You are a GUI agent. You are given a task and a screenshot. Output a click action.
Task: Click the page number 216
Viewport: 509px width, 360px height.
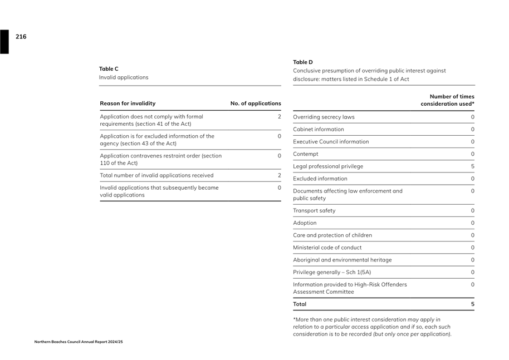click(21, 37)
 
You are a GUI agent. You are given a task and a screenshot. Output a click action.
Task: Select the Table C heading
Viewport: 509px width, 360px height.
click(109, 69)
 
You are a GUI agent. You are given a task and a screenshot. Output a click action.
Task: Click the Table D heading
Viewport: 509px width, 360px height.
click(303, 62)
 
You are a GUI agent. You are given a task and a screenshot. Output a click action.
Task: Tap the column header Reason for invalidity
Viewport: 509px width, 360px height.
click(128, 103)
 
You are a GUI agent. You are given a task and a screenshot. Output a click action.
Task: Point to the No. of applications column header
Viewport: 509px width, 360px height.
click(256, 103)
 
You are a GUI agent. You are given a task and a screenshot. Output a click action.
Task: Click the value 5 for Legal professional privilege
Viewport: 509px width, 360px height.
click(472, 166)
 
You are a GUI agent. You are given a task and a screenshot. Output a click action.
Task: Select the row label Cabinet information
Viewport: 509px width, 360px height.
click(319, 130)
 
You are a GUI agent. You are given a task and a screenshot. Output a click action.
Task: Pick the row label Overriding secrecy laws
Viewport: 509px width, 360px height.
click(324, 117)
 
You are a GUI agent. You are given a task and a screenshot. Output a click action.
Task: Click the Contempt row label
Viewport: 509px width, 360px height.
click(306, 154)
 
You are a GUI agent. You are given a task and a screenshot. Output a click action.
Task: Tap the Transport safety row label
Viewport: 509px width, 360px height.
click(314, 211)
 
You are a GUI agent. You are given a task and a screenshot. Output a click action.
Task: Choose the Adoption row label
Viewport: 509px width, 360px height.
click(305, 223)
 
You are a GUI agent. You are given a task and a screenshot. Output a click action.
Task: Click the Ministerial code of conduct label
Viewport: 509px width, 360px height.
click(327, 248)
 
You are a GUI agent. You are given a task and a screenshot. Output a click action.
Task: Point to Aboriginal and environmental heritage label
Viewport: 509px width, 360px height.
click(342, 260)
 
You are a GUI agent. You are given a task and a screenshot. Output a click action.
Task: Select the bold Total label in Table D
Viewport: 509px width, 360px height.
click(300, 304)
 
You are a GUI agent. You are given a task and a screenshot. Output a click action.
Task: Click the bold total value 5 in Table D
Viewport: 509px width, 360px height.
click(472, 304)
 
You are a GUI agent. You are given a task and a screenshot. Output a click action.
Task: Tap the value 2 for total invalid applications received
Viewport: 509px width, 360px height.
click(279, 175)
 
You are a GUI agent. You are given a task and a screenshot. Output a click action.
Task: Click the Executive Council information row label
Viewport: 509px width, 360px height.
click(331, 142)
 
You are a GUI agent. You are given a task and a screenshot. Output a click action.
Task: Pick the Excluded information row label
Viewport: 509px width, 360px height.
click(320, 179)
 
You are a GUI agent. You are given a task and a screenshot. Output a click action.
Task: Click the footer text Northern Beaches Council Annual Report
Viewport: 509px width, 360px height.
click(79, 342)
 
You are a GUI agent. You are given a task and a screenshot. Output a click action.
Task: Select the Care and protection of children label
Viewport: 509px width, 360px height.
click(332, 235)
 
